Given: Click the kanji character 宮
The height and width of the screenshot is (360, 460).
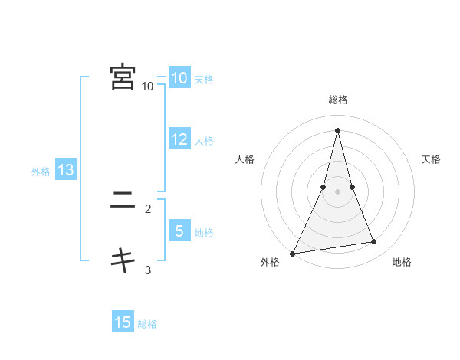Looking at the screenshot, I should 123,77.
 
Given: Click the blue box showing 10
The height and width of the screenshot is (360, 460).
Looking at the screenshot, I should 179,78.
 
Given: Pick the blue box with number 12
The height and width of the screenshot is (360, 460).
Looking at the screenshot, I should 179,139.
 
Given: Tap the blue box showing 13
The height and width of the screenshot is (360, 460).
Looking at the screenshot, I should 65,170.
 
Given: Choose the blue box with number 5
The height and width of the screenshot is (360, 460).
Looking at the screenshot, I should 179,231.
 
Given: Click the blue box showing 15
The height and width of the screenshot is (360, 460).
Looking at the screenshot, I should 123,322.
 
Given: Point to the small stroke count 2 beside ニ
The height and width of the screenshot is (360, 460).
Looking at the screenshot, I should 148,208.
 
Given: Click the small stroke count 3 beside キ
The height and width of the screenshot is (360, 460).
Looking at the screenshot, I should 148,270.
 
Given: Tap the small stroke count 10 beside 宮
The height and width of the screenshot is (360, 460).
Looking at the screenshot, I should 148,87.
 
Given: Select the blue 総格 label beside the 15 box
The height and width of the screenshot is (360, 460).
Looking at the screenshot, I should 147,324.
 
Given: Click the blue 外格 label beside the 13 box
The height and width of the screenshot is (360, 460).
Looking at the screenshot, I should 41,172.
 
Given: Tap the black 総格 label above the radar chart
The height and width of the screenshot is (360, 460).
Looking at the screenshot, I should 337,100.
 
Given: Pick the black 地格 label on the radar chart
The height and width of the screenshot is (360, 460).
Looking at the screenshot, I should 402,263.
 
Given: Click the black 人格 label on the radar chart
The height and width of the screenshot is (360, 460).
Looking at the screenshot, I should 245,159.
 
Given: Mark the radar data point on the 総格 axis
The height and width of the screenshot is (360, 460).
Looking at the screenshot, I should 337,130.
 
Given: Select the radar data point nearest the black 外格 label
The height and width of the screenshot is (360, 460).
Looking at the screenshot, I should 293,253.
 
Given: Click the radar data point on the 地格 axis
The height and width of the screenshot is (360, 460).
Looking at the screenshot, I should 374,242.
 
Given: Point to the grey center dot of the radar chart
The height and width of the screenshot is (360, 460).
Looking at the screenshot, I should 337,191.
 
